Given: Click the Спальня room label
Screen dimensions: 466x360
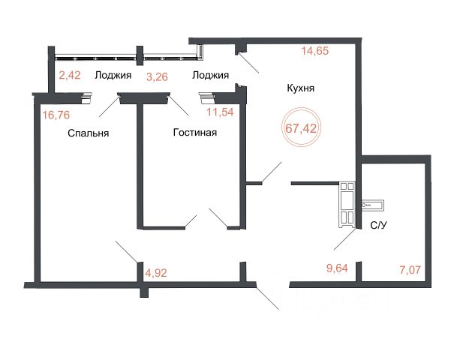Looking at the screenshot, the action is click(89, 133).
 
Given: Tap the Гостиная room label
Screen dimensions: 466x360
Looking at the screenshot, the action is click(195, 132).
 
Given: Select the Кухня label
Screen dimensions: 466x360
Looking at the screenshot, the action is click(300, 88).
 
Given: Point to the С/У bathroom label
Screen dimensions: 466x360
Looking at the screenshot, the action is click(379, 226).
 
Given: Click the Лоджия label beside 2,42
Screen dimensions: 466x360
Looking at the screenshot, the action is click(113, 75).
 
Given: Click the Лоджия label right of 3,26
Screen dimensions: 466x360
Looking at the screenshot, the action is click(210, 75).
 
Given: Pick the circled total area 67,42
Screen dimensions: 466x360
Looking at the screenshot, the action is click(301, 128).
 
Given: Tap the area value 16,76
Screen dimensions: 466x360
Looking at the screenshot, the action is click(56, 115).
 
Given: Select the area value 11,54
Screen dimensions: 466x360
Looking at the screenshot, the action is click(220, 112).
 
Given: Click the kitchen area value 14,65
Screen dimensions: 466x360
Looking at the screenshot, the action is click(315, 50).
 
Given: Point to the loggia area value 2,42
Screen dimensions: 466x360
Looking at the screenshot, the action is click(70, 75).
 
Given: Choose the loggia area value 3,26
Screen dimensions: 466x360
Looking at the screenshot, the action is click(158, 77).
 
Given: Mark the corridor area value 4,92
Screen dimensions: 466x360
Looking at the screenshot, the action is click(156, 273).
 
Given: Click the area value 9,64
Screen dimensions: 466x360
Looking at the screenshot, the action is click(337, 268).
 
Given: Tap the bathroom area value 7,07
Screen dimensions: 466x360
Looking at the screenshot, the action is click(410, 270).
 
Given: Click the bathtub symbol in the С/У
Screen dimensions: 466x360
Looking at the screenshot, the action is click(373, 205).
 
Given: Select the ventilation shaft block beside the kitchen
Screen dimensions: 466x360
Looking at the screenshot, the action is click(347, 205).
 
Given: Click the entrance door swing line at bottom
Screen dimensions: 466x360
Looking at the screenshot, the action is click(267, 298).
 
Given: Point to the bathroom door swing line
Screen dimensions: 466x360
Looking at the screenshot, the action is click(344, 239).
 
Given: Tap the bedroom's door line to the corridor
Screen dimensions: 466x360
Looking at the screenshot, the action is click(127, 252).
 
